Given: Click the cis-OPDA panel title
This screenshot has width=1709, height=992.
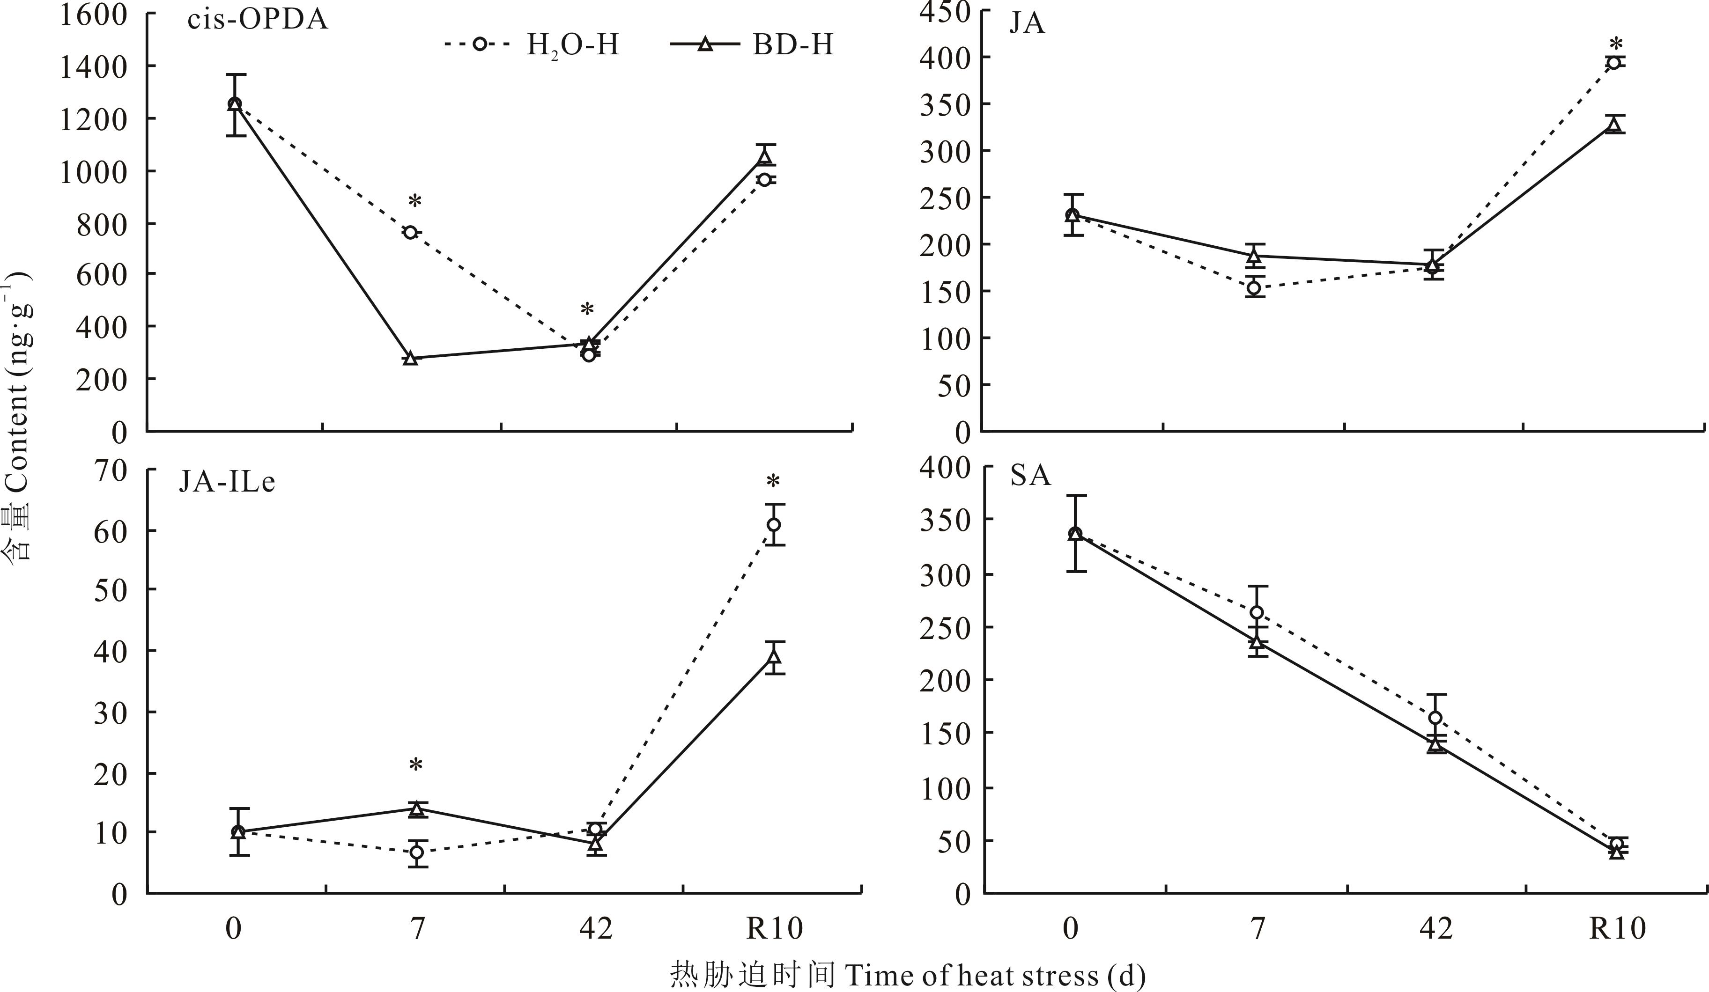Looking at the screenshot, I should point(258,20).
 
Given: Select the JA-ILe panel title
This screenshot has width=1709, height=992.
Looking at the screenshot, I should point(227,482).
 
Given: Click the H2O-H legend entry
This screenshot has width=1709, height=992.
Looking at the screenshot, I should point(533,45).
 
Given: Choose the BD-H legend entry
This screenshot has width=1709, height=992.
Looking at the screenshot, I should point(753,45).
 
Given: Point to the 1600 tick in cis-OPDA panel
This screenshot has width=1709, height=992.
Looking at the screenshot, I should point(94,14).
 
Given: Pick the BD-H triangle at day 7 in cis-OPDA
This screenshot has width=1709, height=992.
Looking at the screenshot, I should point(410,358).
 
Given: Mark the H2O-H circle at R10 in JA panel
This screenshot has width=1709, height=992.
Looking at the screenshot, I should point(1614,63).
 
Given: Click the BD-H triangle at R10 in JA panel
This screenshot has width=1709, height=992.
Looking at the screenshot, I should point(1614,124).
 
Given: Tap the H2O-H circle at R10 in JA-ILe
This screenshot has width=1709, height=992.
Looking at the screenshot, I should point(774,525).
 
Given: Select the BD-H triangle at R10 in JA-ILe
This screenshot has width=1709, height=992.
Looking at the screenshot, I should point(774,656).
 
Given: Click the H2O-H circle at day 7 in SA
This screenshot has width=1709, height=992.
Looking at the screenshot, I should point(1257,612).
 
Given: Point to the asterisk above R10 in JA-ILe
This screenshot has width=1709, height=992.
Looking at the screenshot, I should point(773,483).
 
